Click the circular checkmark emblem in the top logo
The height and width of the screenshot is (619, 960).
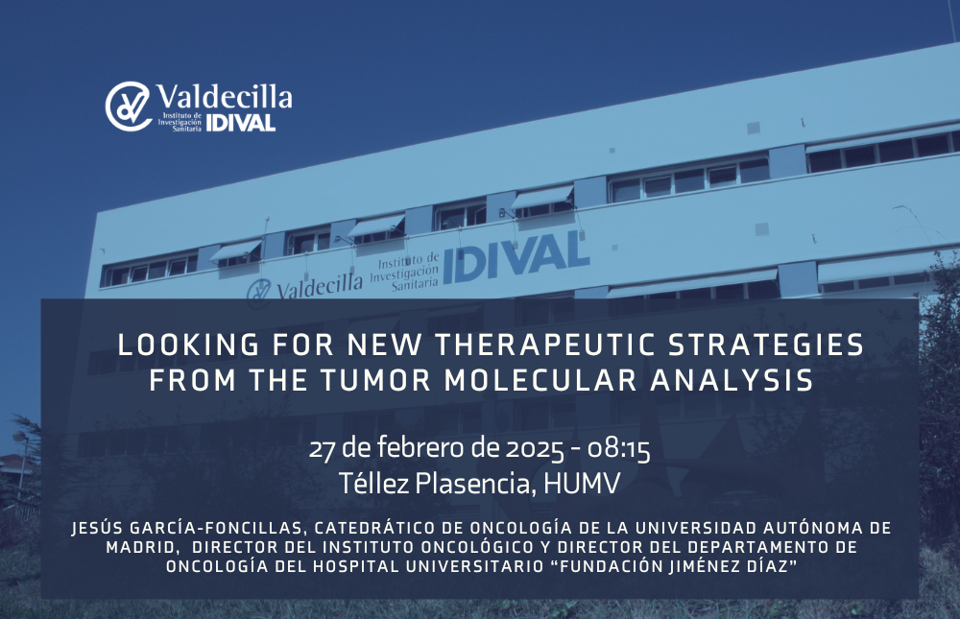click(128, 106)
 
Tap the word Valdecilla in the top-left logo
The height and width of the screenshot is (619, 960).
click(224, 97)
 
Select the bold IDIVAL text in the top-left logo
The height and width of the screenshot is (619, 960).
click(241, 123)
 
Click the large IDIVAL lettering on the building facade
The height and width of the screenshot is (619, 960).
click(516, 257)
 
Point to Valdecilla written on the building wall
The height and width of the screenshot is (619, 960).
click(319, 285)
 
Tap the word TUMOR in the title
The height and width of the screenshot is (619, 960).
click(376, 380)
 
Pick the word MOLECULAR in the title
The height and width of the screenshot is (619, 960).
click(540, 380)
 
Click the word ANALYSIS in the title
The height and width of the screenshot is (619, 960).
click(732, 380)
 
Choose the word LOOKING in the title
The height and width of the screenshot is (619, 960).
click(188, 345)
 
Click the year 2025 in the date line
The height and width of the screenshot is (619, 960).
click(535, 449)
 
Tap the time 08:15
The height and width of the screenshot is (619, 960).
click(618, 450)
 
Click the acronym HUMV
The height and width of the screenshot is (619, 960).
click(582, 484)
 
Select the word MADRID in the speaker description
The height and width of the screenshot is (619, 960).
click(141, 547)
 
